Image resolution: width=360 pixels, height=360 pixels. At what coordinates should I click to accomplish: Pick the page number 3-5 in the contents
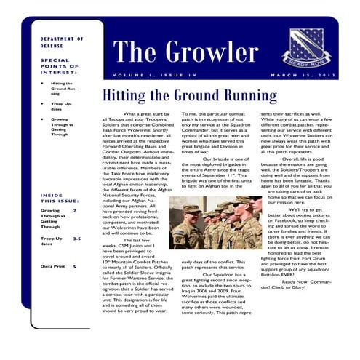pyautogui.click(x=76, y=238)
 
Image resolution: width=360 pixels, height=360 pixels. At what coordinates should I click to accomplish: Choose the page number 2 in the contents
pyautogui.click(x=74, y=210)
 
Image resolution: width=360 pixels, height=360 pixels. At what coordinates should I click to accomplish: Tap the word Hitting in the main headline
pyautogui.click(x=123, y=96)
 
